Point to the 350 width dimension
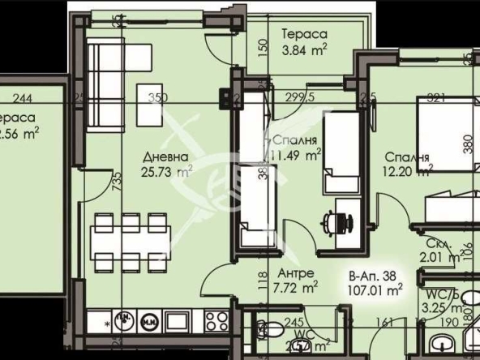click(157, 98)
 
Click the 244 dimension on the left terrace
click(23, 98)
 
